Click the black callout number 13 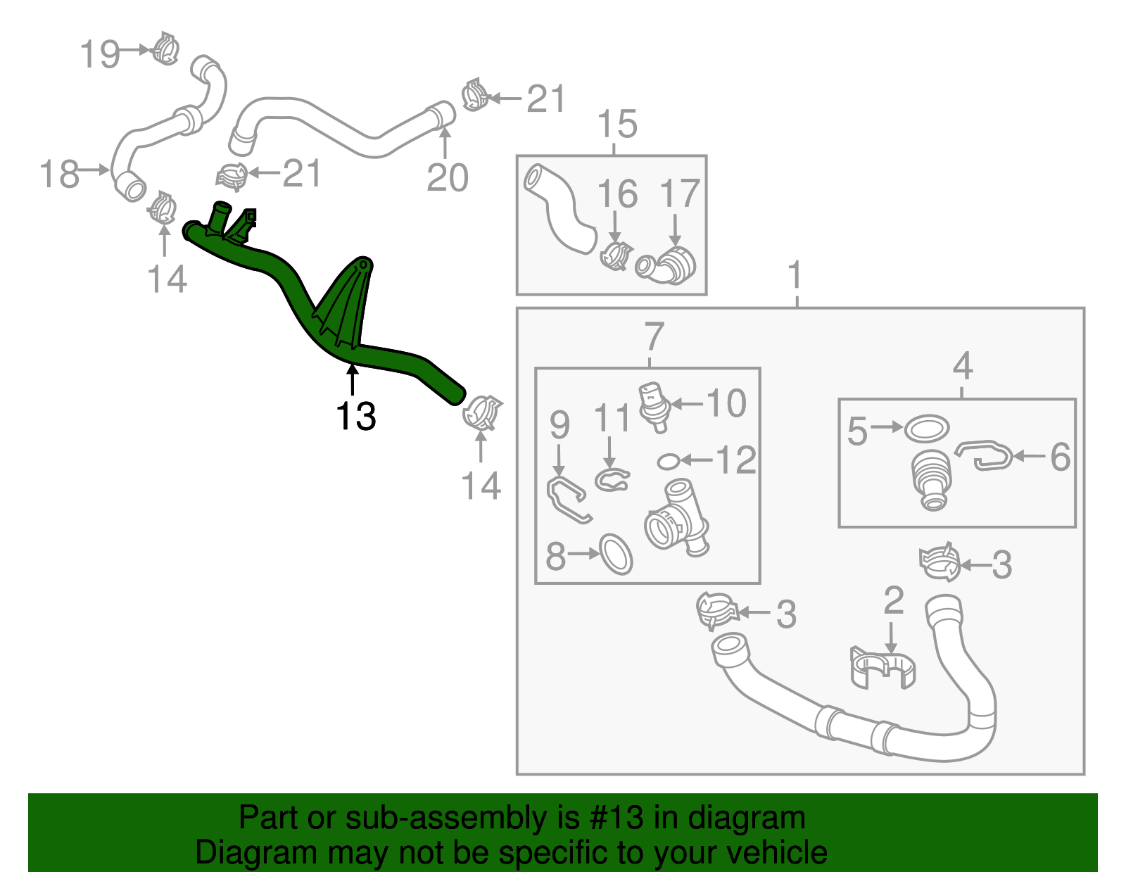pyautogui.click(x=355, y=417)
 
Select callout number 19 pyautogui.click(x=99, y=54)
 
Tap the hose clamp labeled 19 pyautogui.click(x=166, y=49)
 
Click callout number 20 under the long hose pyautogui.click(x=447, y=177)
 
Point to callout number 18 pyautogui.click(x=59, y=174)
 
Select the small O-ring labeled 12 pyautogui.click(x=669, y=461)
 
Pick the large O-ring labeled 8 pyautogui.click(x=616, y=554)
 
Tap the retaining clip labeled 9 pyautogui.click(x=567, y=500)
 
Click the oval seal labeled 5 pyautogui.click(x=926, y=428)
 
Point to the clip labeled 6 pyautogui.click(x=985, y=455)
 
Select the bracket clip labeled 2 pyautogui.click(x=883, y=666)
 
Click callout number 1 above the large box pyautogui.click(x=795, y=275)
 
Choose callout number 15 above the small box pyautogui.click(x=617, y=125)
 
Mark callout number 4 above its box pyautogui.click(x=962, y=366)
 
